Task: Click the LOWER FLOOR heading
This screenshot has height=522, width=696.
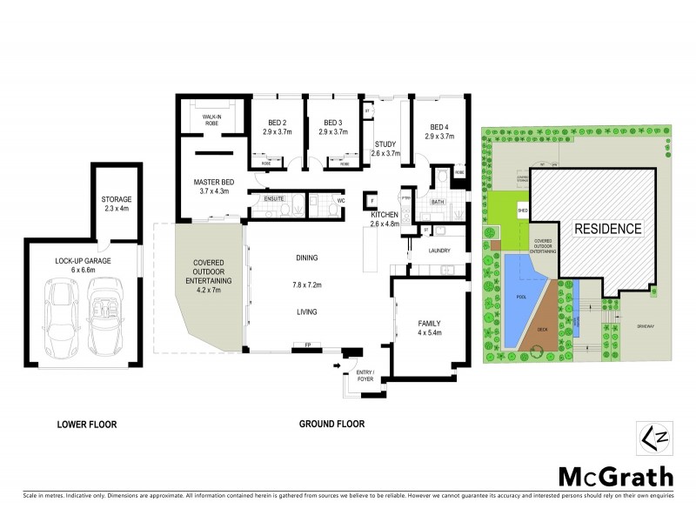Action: [x=87, y=425]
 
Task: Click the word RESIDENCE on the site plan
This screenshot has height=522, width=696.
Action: [x=607, y=230]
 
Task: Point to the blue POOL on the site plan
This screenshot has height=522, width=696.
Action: [x=522, y=296]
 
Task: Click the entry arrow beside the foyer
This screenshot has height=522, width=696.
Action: [x=337, y=366]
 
